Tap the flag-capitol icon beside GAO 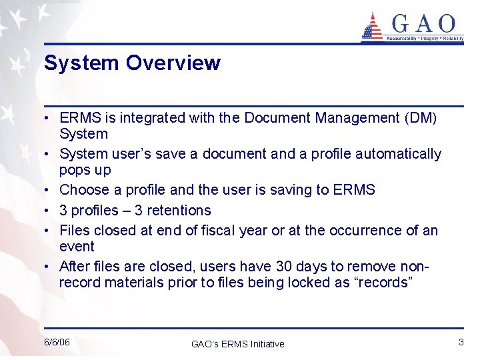[x=372, y=26]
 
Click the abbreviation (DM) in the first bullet [x=421, y=118]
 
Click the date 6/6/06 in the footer [x=57, y=342]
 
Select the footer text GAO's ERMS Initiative [x=237, y=344]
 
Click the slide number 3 [x=461, y=342]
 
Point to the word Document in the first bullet [x=279, y=118]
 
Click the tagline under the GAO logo [x=425, y=39]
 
